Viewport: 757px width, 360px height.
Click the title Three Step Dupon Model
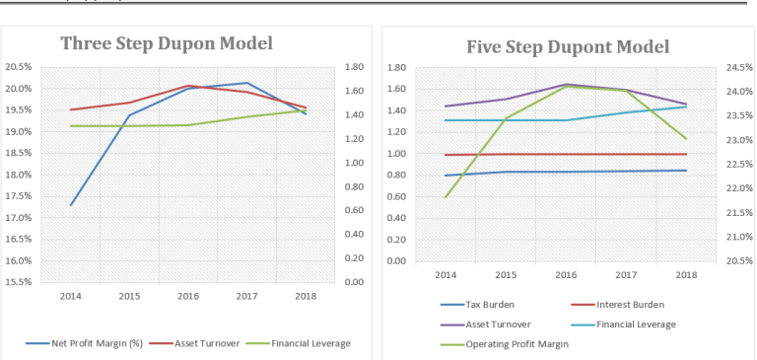pos(166,42)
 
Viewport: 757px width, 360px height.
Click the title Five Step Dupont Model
pos(567,46)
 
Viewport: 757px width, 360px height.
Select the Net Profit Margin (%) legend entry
pos(96,342)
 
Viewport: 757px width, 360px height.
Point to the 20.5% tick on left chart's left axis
pos(18,67)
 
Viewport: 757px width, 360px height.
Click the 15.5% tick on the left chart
pos(18,282)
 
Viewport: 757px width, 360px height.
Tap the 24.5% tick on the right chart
pos(736,67)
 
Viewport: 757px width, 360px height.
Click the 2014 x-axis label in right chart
pos(446,274)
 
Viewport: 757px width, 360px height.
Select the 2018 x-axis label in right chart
pos(686,274)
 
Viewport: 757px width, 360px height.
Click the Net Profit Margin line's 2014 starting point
pos(71,205)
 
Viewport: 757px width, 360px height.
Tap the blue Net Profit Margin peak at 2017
pos(246,83)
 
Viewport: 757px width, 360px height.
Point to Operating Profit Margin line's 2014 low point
pos(446,197)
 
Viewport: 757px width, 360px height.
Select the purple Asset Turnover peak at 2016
pos(567,84)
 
